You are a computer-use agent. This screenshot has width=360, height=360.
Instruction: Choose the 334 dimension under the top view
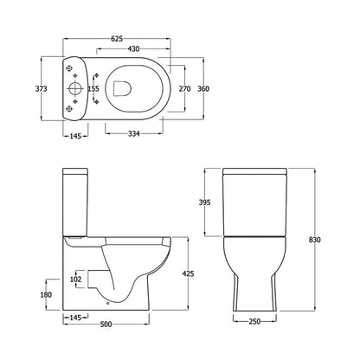(133, 133)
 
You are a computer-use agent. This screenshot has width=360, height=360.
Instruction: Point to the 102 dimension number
(76, 279)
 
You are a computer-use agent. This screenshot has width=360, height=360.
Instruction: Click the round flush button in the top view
(76, 87)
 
